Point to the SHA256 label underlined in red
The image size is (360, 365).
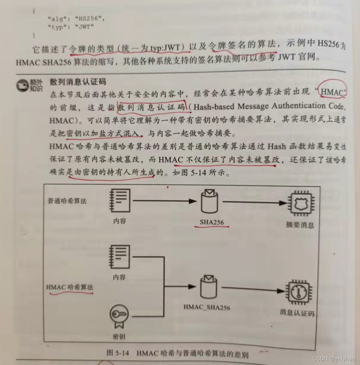coord(212,222)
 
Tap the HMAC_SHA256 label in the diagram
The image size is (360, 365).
coord(207,307)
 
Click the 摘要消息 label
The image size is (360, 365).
coord(300,225)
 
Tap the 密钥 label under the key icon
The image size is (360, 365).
coord(119,337)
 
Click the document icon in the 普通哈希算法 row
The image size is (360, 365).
coord(120,201)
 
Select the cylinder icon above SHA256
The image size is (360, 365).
coord(209,202)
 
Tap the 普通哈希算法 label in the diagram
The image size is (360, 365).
coord(67,201)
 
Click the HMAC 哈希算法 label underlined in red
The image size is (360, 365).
coord(69,287)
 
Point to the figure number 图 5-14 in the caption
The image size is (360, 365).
coord(118,353)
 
